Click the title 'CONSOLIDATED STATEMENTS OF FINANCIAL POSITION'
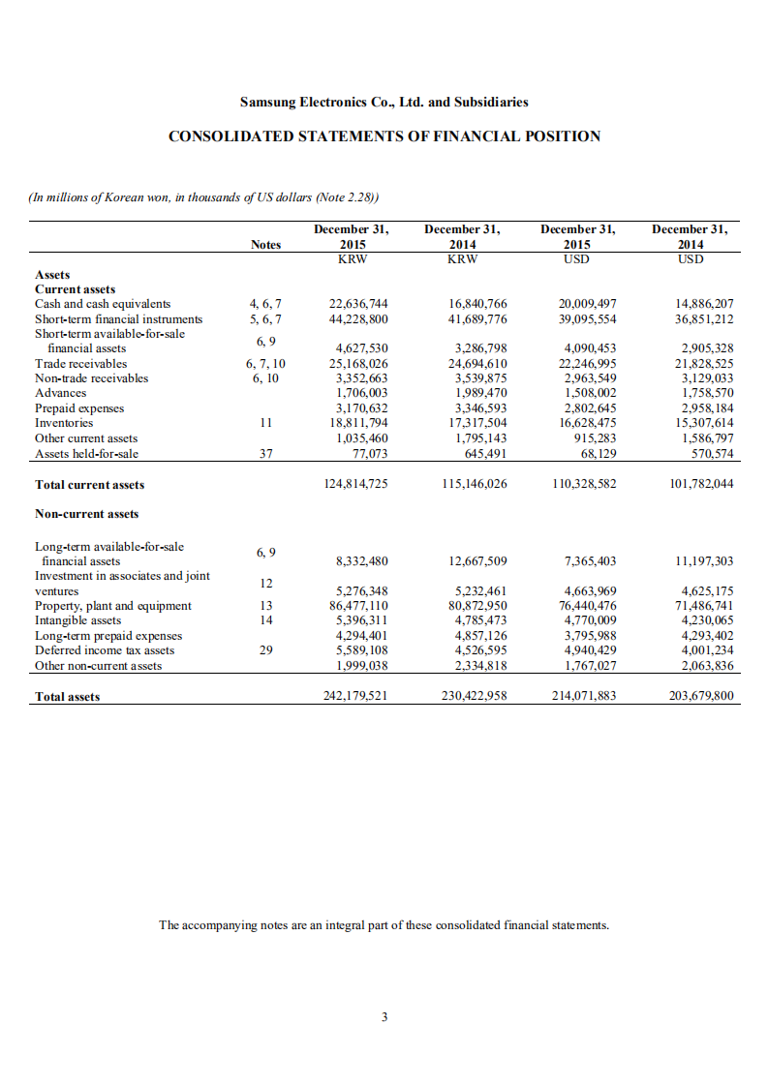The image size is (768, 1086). [384, 136]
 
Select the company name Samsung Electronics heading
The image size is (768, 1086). [384, 102]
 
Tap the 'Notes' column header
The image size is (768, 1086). [264, 245]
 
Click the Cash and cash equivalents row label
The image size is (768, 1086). [103, 304]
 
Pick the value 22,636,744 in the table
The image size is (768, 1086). [358, 304]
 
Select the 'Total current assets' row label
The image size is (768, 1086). [90, 484]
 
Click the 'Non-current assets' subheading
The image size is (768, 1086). [86, 514]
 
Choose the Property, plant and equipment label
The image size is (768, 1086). [113, 606]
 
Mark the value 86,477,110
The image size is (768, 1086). [358, 606]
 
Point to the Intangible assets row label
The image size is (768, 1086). [78, 620]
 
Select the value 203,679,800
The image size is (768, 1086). [701, 695]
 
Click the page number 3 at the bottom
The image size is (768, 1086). [384, 1017]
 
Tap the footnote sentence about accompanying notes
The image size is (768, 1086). [384, 924]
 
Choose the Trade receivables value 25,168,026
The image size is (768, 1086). [358, 364]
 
